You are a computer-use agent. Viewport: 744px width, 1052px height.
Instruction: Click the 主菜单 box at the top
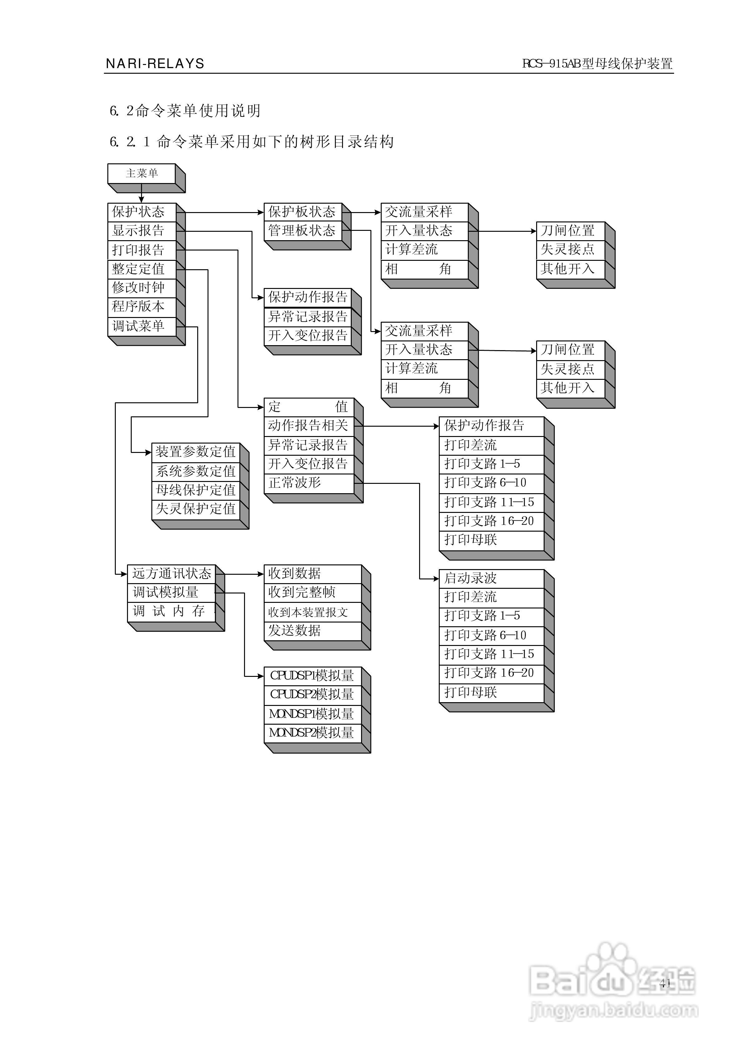click(x=142, y=174)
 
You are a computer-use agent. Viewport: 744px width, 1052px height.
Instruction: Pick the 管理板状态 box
click(x=302, y=231)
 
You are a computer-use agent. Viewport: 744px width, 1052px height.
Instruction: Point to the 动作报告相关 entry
click(x=308, y=426)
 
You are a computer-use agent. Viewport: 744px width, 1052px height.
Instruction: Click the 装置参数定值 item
click(x=196, y=452)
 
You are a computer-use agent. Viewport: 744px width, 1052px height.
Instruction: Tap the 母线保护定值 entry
click(x=196, y=490)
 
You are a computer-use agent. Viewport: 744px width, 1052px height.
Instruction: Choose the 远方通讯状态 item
click(x=171, y=574)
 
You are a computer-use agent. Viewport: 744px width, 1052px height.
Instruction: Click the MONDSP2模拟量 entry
click(x=312, y=733)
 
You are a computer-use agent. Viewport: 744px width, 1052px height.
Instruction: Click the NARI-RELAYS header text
click(x=155, y=64)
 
